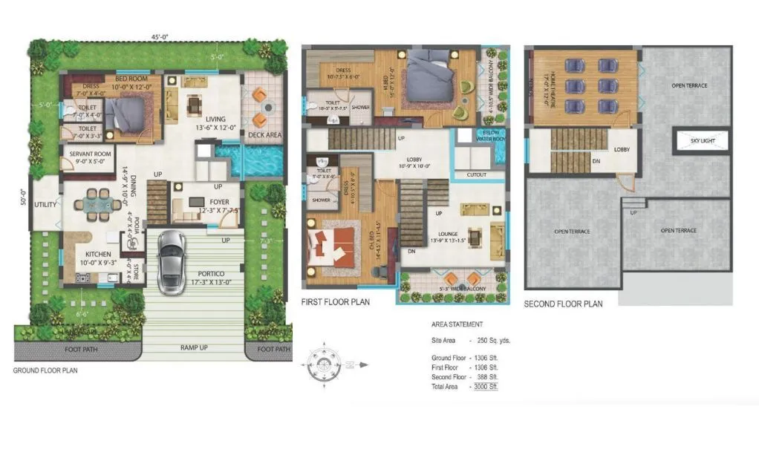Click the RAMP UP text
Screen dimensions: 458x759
(193, 347)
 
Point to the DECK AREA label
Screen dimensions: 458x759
(264, 135)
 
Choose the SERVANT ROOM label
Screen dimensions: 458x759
(91, 153)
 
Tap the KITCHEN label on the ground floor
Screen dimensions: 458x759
(92, 253)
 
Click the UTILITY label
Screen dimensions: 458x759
(46, 204)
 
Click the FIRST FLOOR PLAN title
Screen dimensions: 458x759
(335, 302)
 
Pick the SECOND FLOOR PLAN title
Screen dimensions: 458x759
(563, 304)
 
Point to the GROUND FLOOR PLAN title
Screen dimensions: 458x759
(45, 370)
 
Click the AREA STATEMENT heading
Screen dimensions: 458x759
(457, 324)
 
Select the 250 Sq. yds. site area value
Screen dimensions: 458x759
(494, 340)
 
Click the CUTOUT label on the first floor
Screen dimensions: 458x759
(477, 175)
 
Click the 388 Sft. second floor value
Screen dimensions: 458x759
(487, 377)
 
